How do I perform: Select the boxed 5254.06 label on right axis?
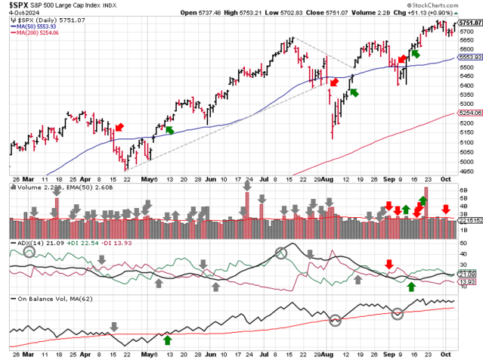click(x=469, y=113)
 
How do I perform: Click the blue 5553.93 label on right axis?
click(x=469, y=57)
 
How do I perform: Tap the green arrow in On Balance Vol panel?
click(x=168, y=340)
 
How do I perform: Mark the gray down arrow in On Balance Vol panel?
click(x=113, y=327)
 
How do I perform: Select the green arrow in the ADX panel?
click(x=411, y=287)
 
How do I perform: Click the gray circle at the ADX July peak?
click(x=281, y=253)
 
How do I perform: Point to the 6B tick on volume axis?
click(x=466, y=191)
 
